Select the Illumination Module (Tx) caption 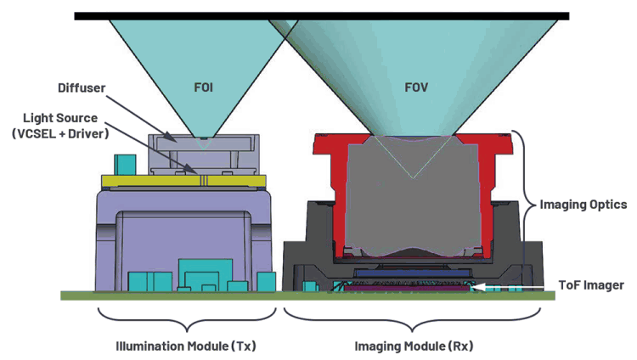point(185,346)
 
